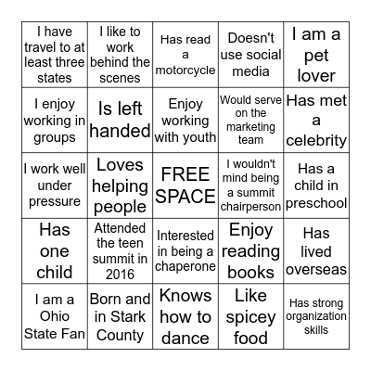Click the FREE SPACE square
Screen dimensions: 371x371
[x=185, y=185]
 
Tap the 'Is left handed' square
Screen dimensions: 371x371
[x=121, y=121]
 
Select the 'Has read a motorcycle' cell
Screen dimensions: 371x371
[x=185, y=56]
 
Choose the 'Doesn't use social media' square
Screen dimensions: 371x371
[x=250, y=56]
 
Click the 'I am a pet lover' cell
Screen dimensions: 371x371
[x=315, y=56]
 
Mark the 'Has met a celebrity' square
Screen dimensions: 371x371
[x=315, y=121]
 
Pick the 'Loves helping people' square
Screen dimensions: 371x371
[x=121, y=185]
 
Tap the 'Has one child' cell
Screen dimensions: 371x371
[x=55, y=250]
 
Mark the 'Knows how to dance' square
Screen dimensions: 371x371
[x=185, y=316]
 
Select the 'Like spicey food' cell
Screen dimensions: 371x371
[x=250, y=316]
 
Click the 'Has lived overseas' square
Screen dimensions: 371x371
[x=315, y=250]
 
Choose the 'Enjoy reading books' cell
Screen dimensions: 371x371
[x=250, y=250]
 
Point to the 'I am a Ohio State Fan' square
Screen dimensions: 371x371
[x=55, y=316]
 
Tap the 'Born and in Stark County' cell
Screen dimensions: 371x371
[x=121, y=316]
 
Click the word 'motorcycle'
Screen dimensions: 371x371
[x=185, y=71]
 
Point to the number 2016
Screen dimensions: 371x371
[x=121, y=273]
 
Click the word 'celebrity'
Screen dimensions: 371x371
[x=315, y=142]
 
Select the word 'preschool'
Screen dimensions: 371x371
[x=315, y=202]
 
